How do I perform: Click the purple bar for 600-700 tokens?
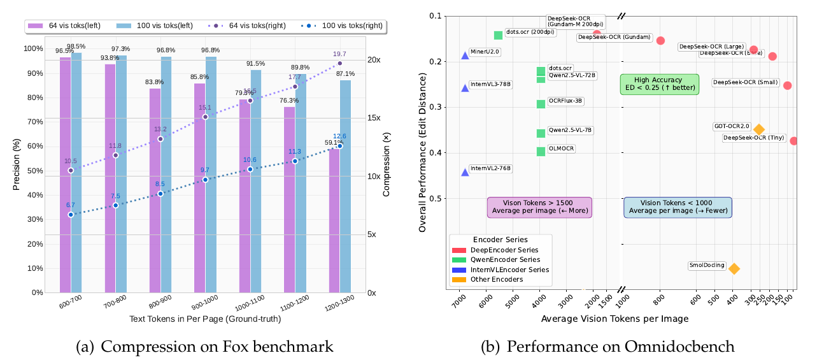[x=65, y=175]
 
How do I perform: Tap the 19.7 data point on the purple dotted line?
[x=339, y=63]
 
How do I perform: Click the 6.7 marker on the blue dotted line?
[x=71, y=215]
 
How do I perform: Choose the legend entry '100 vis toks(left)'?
[x=148, y=26]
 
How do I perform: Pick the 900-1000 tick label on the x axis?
[x=204, y=305]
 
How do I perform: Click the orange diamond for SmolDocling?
[x=734, y=269]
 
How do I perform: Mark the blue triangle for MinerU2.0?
[x=465, y=55]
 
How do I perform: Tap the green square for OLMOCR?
[x=541, y=152]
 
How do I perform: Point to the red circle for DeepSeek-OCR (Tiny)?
[x=793, y=141]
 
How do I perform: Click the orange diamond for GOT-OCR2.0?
[x=758, y=129]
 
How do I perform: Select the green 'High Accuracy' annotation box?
[x=659, y=84]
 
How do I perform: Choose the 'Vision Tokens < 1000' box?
[x=678, y=206]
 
